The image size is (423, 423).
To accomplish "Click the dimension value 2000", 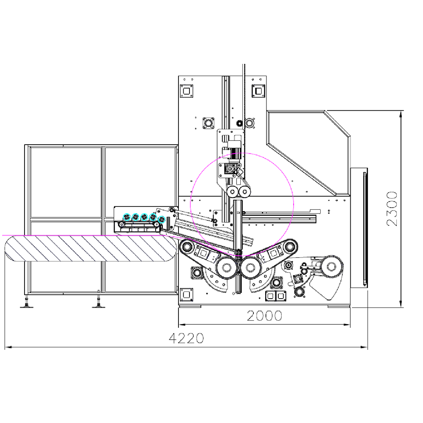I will pos(264,316).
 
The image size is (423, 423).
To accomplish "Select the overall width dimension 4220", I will pos(186,338).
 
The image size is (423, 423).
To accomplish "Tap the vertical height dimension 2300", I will pos(392,209).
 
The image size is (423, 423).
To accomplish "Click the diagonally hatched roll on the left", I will pos(90,249).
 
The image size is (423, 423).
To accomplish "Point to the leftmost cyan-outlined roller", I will pos(126,217).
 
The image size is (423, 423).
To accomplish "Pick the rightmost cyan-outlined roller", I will pos(161,220).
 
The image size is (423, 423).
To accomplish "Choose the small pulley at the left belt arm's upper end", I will pos(185,246).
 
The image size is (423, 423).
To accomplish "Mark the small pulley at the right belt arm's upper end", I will pos(291,246).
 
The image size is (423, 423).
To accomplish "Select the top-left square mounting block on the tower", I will pos(186,91).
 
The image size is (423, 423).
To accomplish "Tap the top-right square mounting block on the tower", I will pos(258,91).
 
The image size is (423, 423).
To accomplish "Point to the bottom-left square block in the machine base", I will pos(186,294).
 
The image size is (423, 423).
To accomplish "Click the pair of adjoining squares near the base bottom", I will pos(276,296).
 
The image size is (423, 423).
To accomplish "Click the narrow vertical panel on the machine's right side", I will pos(359,228).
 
